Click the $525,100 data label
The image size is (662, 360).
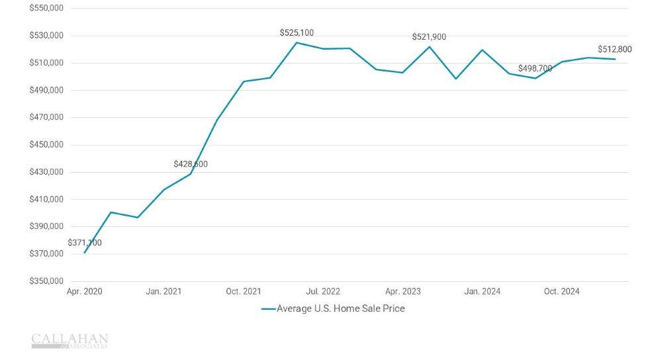297,32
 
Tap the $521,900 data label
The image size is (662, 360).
429,37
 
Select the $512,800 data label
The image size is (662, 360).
615,49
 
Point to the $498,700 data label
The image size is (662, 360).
535,68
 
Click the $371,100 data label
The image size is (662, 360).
85,243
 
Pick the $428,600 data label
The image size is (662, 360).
191,163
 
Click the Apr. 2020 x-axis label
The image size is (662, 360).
85,291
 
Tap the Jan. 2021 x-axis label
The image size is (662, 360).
164,291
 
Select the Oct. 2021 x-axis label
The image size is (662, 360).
243,291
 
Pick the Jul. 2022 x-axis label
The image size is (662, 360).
322,291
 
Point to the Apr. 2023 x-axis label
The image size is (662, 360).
402,291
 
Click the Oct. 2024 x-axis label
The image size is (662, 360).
561,291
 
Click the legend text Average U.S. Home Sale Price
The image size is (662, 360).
340,308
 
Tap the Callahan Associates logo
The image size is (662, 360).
70,341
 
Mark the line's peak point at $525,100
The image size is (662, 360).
297,42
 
